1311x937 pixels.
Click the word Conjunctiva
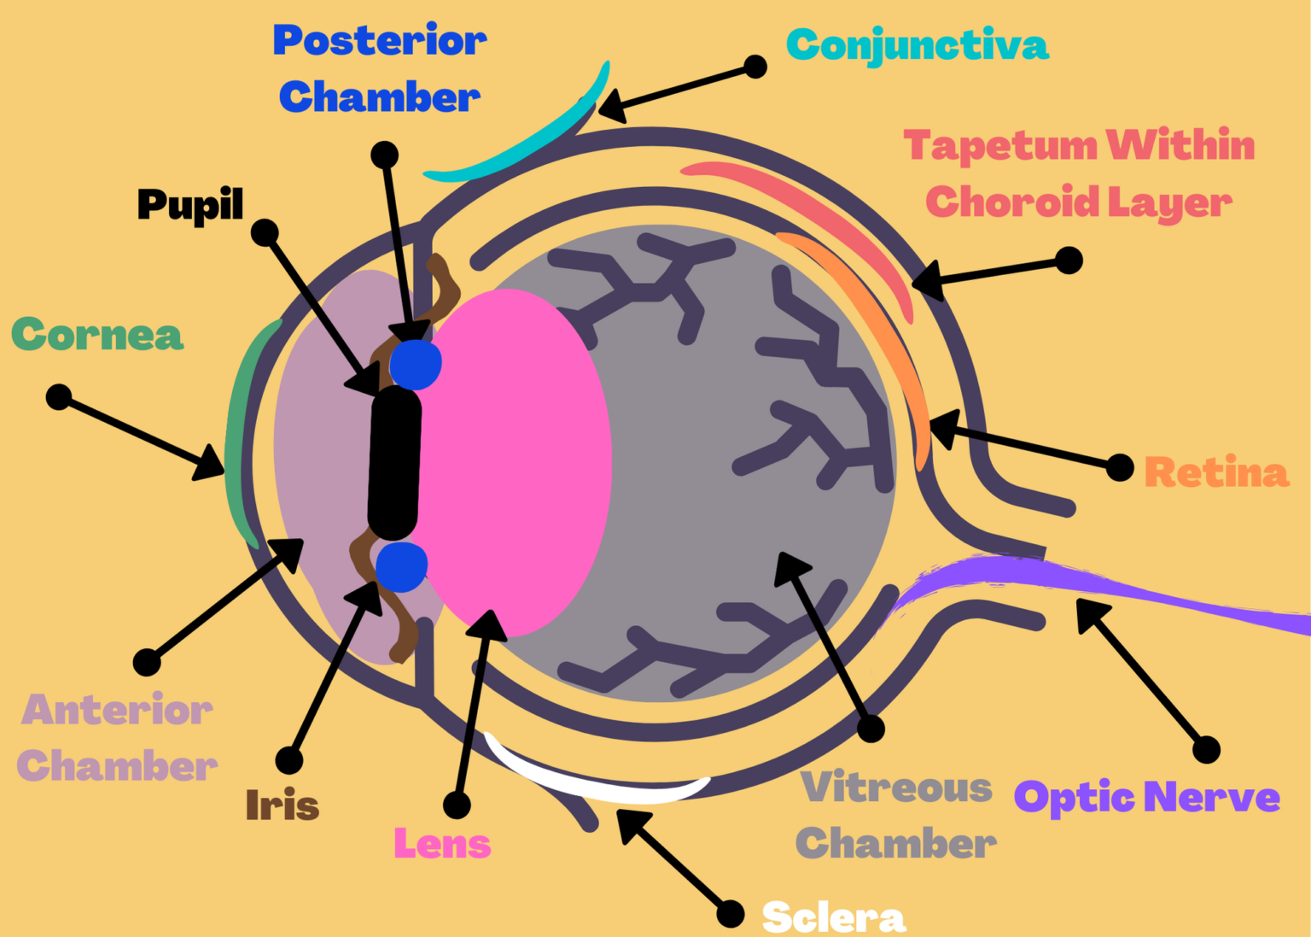point(917,45)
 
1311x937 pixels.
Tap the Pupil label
point(190,204)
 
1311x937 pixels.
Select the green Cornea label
point(97,335)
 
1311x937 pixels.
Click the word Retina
point(1215,472)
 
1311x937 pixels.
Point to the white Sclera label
point(833,917)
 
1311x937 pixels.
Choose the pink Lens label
point(442,844)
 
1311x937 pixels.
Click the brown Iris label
point(282,805)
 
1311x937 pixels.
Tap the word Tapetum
point(1000,146)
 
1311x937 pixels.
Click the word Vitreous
point(896,788)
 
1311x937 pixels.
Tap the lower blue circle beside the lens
point(401,566)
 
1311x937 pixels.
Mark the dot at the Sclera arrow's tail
point(731,913)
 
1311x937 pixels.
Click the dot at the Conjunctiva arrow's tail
point(755,67)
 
